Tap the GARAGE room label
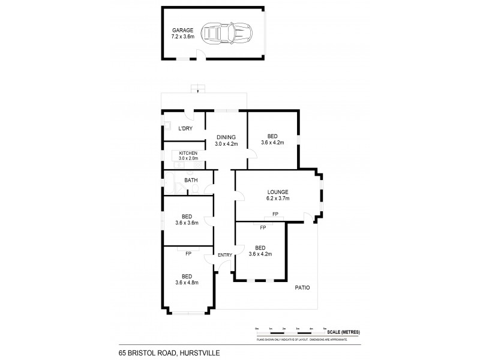tap(182, 29)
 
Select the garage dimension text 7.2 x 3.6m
tap(182, 36)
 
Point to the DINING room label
tap(226, 137)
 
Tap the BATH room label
tap(191, 180)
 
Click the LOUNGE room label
tap(278, 192)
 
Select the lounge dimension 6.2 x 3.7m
tap(278, 199)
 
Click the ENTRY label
tap(224, 255)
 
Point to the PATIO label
tap(302, 288)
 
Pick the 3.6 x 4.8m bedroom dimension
tap(187, 282)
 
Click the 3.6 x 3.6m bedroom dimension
tap(187, 223)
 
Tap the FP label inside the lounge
tap(275, 214)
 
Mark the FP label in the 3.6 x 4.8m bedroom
tap(188, 254)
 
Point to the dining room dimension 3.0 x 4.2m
tap(226, 144)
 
